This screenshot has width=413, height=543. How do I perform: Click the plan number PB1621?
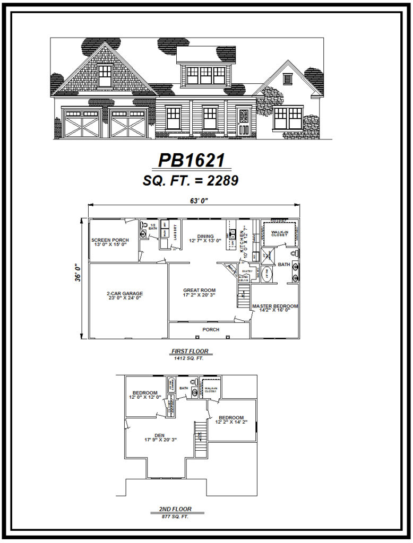(191, 160)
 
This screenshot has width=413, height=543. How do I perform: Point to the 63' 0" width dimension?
(193, 200)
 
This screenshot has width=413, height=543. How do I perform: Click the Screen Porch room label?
(110, 240)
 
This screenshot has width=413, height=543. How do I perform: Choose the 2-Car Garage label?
(125, 293)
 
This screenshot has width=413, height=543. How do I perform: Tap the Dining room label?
(205, 237)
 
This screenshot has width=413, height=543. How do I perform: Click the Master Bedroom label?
(275, 306)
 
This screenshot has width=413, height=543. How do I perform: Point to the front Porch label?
(211, 329)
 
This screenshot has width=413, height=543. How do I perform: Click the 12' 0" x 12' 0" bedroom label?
(144, 393)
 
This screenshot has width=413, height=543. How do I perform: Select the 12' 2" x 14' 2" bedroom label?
(231, 418)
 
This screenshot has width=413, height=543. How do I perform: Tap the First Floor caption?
(190, 351)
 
